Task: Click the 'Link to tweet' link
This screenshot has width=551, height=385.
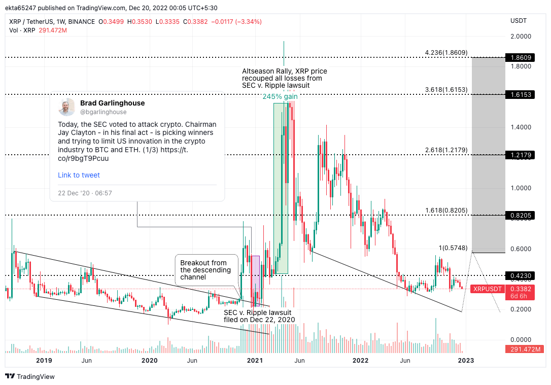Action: tap(79, 175)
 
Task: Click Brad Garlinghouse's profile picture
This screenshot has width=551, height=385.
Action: tap(66, 107)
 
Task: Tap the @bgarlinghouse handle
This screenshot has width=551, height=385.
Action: tap(104, 112)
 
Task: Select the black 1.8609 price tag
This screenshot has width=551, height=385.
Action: tap(520, 58)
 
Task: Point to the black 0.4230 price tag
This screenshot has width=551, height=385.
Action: tap(520, 276)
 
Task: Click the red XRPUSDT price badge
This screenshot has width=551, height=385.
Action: tap(487, 289)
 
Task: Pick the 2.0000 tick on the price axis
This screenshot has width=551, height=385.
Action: tap(521, 37)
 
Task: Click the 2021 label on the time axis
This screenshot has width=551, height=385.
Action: tap(254, 361)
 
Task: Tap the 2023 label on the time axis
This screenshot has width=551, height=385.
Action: tap(466, 361)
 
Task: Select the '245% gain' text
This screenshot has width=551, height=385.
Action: tap(280, 97)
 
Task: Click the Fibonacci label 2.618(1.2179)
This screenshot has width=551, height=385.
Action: tap(446, 150)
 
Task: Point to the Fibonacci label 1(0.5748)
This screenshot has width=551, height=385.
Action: tap(453, 248)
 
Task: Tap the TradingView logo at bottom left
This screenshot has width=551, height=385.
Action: tap(30, 376)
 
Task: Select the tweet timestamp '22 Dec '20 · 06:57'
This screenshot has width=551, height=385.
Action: tap(85, 193)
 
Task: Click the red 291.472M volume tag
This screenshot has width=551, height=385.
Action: tap(524, 349)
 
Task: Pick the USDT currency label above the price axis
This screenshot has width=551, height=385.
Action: tap(518, 21)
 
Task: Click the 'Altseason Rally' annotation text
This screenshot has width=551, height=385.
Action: tap(284, 78)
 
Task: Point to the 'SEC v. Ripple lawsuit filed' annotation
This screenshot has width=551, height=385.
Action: tap(259, 316)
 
